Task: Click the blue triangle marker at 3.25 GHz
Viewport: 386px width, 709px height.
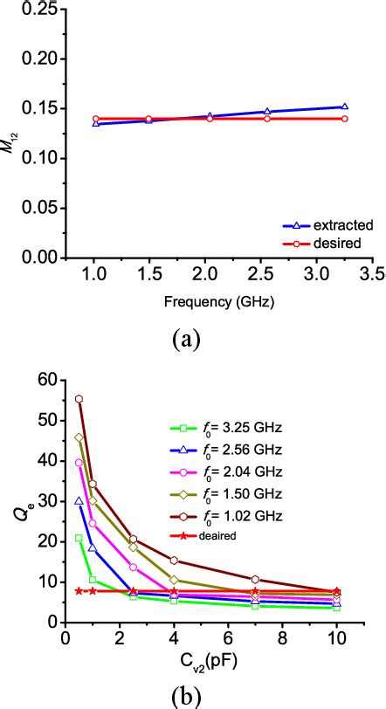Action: (344, 107)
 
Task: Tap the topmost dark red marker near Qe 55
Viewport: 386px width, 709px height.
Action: (79, 399)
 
